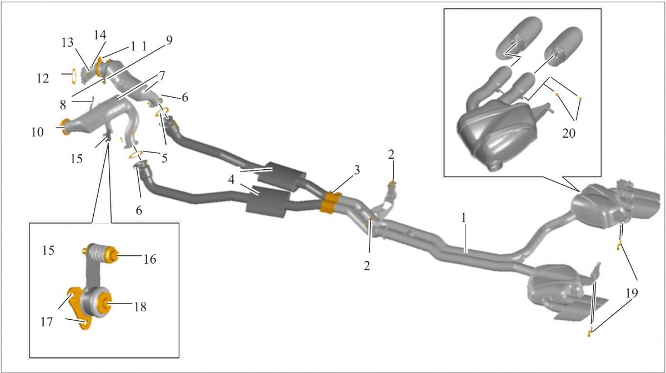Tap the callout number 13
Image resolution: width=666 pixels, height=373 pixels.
(x=67, y=43)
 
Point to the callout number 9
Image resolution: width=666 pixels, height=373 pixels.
(x=169, y=40)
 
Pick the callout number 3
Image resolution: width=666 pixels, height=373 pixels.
(x=357, y=170)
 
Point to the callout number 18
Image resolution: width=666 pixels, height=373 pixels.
(x=140, y=306)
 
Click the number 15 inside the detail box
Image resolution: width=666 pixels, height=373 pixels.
(x=48, y=250)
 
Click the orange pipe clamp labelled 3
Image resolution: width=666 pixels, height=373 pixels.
(x=331, y=201)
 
